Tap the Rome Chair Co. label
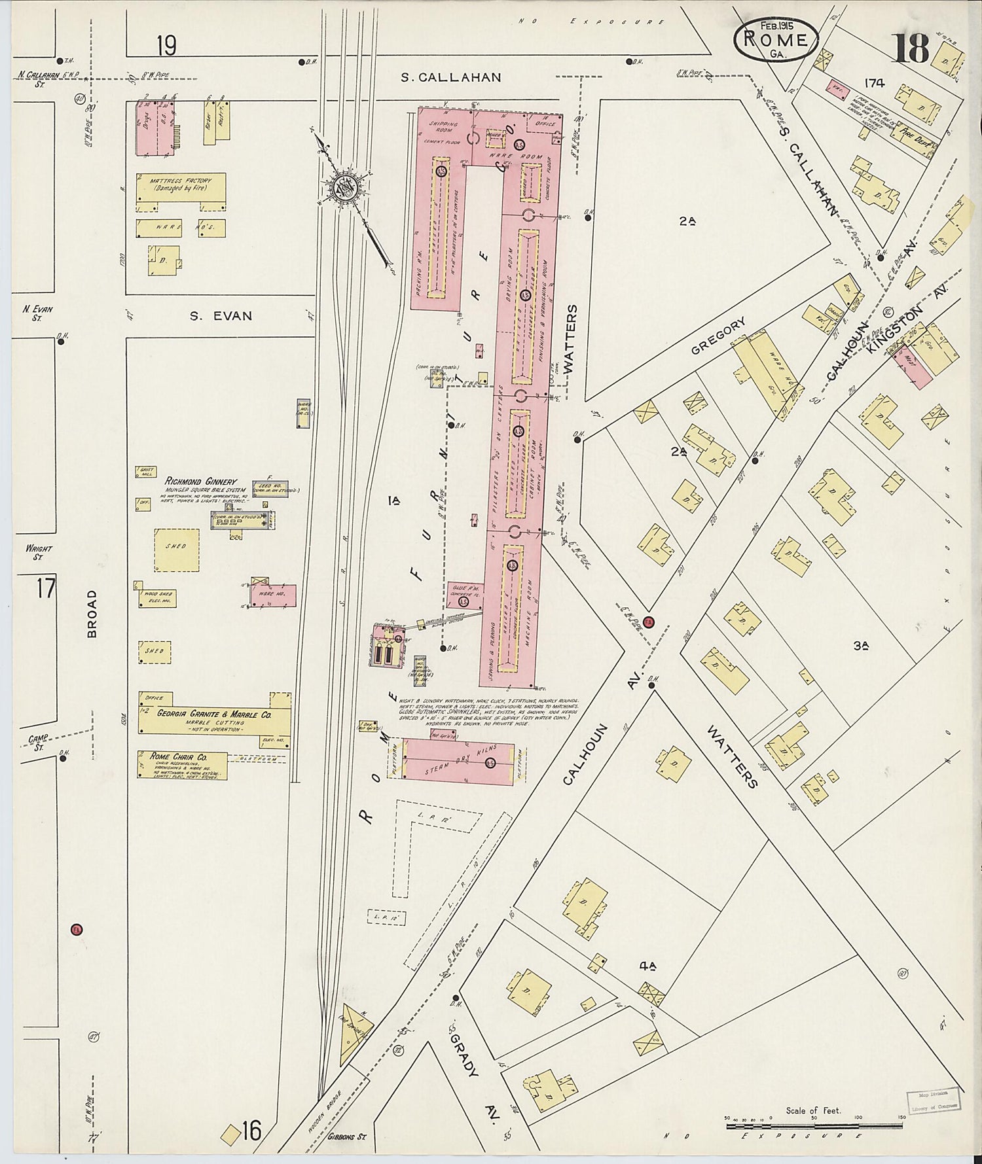click(x=169, y=756)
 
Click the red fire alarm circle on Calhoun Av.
click(x=649, y=622)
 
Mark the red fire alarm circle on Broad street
click(x=77, y=929)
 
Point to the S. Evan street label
click(x=221, y=316)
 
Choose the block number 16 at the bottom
click(x=251, y=1130)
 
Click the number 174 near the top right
click(x=873, y=83)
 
